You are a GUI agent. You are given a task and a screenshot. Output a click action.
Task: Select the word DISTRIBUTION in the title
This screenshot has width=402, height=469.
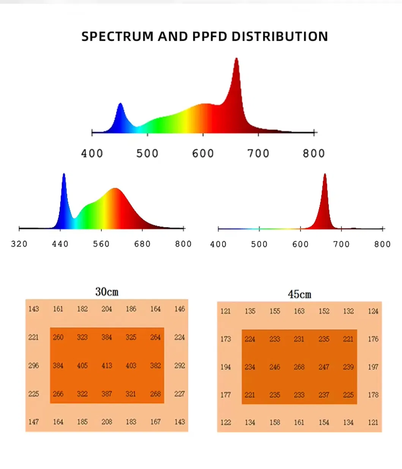coord(280,36)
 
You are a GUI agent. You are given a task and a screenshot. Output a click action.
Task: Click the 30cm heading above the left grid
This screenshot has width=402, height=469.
coord(107,292)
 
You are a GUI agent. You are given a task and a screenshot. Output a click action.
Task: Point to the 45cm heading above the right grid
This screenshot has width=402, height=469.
coord(299,294)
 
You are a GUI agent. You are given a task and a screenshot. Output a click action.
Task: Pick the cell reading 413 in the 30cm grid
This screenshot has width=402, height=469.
coord(107,365)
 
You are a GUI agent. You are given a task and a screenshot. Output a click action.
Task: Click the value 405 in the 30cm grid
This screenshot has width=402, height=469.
coord(82,365)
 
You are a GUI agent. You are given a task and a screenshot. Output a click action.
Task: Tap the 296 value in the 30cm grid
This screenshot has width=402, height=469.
coord(33,365)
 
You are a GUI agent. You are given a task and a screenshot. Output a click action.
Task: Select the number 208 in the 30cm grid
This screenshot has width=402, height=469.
coord(107,422)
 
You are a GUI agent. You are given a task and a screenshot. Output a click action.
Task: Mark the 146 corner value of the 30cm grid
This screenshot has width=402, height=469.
coord(180,309)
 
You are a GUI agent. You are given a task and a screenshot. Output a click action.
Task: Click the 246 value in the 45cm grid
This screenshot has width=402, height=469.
coord(274,367)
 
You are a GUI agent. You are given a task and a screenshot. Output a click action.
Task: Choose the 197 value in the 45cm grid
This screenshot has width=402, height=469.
coord(373,367)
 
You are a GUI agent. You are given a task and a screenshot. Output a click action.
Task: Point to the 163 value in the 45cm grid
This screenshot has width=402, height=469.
coord(299,311)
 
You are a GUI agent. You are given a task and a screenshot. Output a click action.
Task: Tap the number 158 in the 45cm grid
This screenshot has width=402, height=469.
coord(274,422)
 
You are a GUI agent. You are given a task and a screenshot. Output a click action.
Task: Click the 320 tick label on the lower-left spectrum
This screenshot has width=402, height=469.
coord(19,244)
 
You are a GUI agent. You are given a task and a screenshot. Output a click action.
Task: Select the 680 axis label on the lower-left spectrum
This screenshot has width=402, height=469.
coord(142,244)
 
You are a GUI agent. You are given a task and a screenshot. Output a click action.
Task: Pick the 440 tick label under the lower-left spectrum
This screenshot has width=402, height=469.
coord(60,244)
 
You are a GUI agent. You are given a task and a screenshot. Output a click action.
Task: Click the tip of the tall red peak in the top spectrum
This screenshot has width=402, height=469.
coord(236,58)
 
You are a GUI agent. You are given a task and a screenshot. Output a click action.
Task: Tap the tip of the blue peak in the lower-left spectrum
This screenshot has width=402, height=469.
coord(64,174)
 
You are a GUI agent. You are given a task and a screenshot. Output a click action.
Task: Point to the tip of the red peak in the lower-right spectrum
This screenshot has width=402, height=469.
coord(325,174)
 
